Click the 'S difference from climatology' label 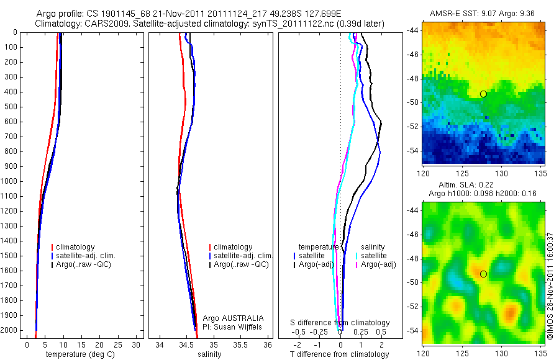point(340,323)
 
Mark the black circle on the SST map point(483,94)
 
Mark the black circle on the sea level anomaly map point(483,274)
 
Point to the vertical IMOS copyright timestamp point(550,286)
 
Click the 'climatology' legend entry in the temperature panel point(75,247)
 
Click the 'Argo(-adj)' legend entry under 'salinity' point(378,264)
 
